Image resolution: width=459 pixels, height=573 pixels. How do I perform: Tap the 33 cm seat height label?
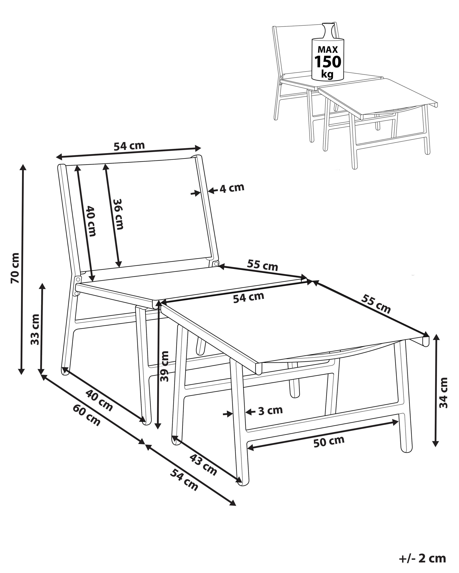click(35, 329)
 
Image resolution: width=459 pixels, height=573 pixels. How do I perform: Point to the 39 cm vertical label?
click(165, 366)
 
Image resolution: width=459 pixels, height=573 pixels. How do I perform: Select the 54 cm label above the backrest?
click(129, 146)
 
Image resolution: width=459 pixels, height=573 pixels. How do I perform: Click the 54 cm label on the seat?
click(248, 298)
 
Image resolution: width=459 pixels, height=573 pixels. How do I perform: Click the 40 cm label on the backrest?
click(91, 221)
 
